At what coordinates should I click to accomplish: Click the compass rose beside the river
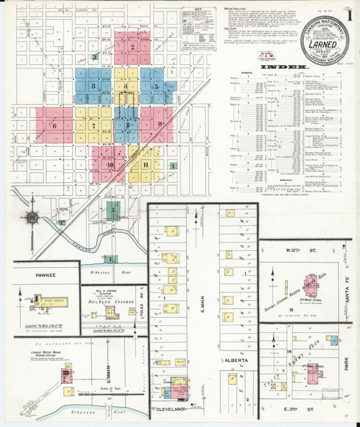32,218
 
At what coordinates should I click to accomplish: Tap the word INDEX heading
288,68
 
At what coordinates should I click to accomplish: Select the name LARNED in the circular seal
325,43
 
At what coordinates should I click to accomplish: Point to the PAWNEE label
46,275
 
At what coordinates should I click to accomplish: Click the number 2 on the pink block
133,47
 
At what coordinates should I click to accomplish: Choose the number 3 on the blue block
93,86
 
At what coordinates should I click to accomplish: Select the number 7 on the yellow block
94,125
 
